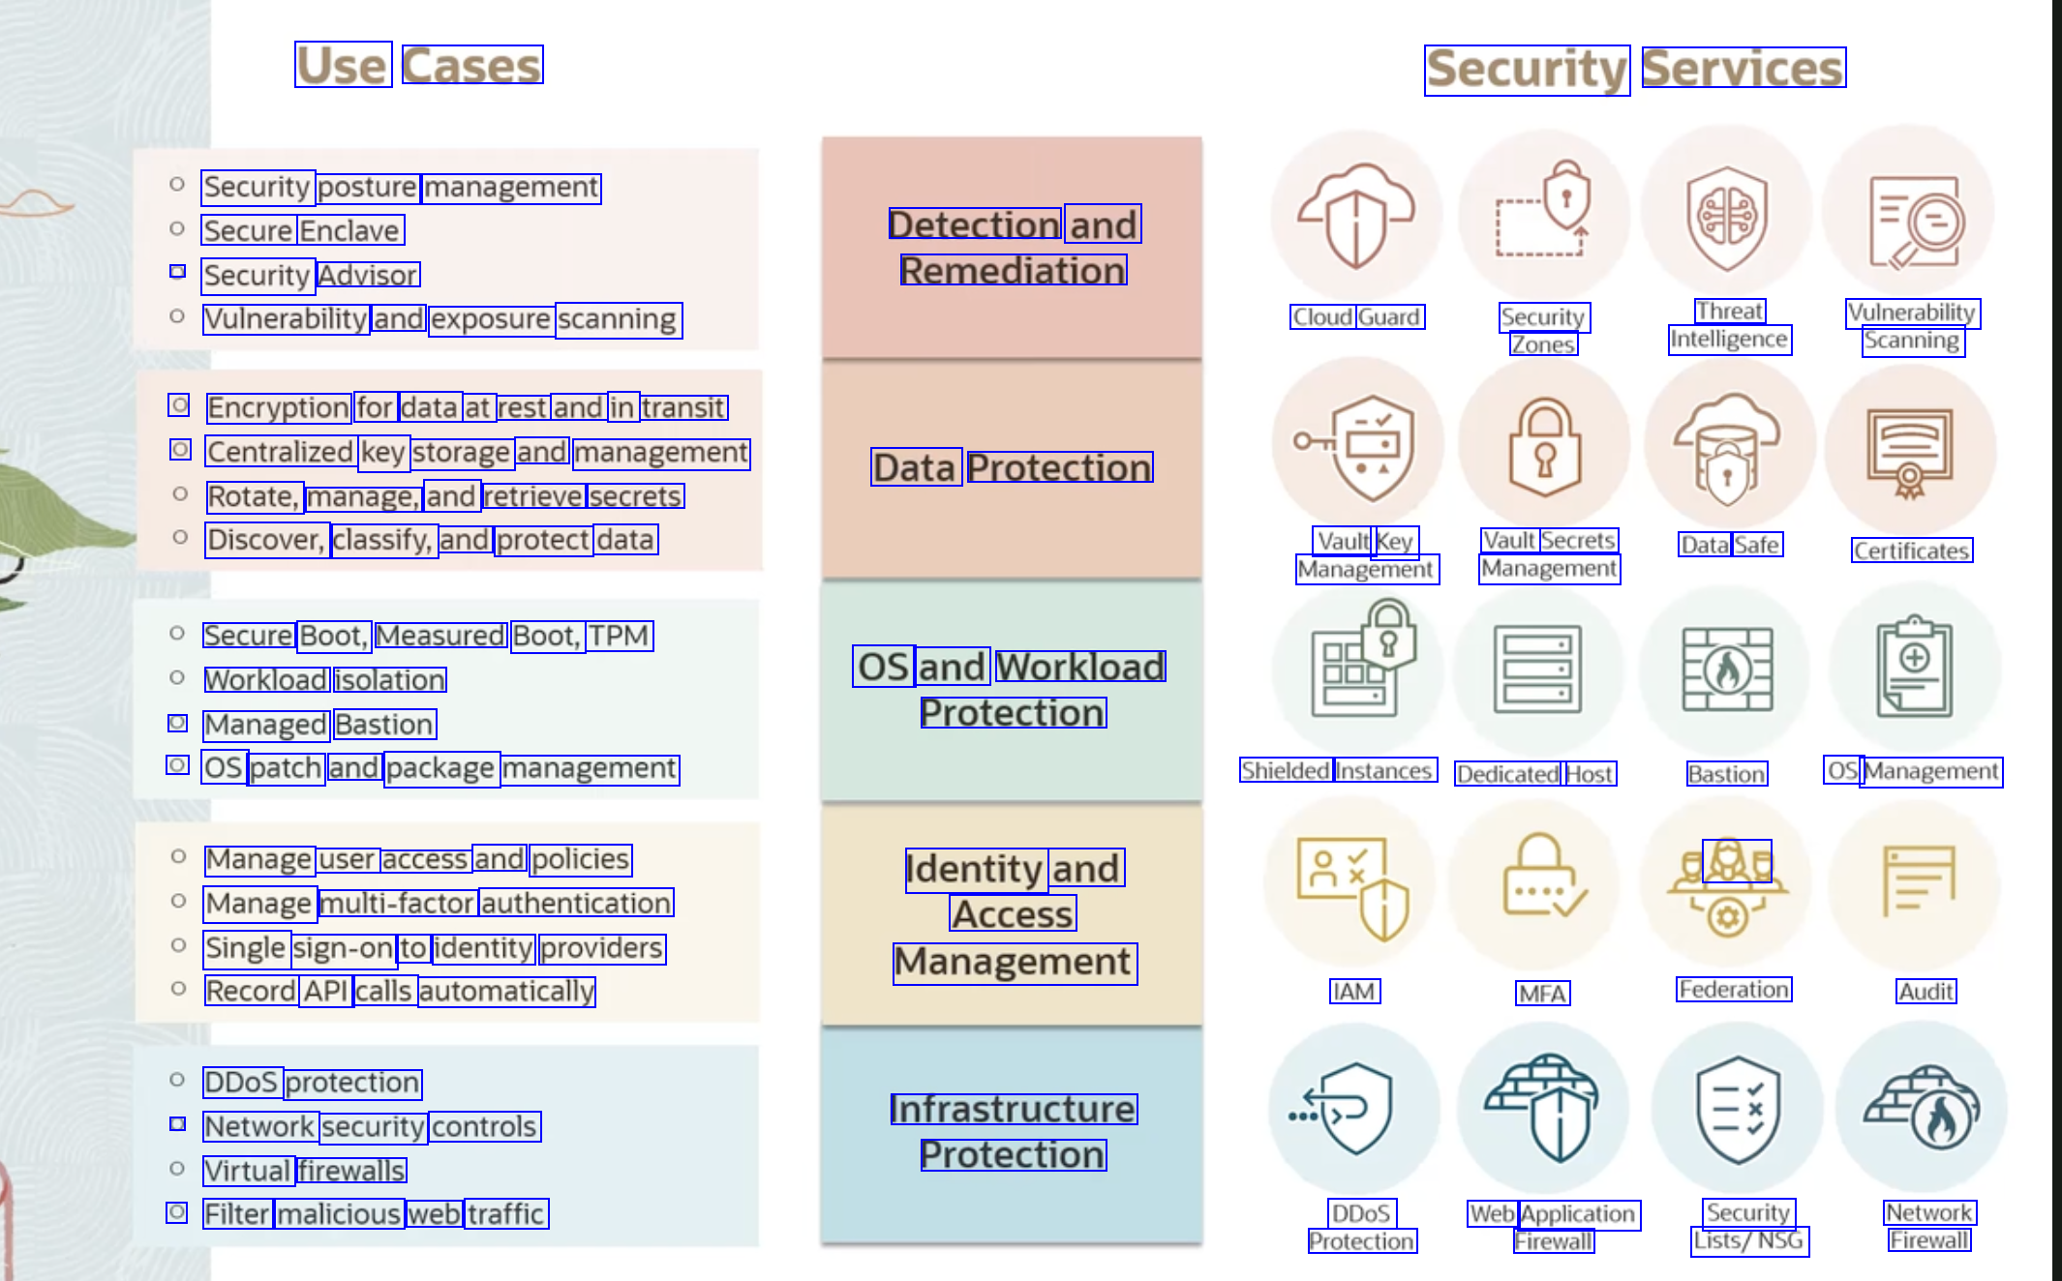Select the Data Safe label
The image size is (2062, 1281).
pyautogui.click(x=1730, y=545)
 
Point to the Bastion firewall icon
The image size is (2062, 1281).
pyautogui.click(x=1727, y=669)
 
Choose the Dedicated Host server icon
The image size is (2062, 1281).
pyautogui.click(x=1537, y=669)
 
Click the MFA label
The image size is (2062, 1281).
pyautogui.click(x=1542, y=994)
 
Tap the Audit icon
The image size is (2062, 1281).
pyautogui.click(x=1918, y=880)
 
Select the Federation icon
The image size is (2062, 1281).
pyautogui.click(x=1728, y=885)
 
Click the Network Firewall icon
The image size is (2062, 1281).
pyautogui.click(x=1922, y=1107)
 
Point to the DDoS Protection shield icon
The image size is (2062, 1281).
pyautogui.click(x=1354, y=1108)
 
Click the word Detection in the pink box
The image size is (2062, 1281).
pyautogui.click(x=975, y=224)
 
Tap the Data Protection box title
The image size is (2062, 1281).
pyautogui.click(x=1012, y=467)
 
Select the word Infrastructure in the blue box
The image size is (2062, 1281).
pyautogui.click(x=1013, y=1109)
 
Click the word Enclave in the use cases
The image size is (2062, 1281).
pyautogui.click(x=349, y=230)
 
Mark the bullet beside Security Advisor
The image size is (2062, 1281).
pyautogui.click(x=177, y=272)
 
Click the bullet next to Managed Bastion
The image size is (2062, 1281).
pyautogui.click(x=177, y=723)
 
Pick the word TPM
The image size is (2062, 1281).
pyautogui.click(x=619, y=636)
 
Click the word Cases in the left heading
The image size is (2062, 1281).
pyautogui.click(x=471, y=66)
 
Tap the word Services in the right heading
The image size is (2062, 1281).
pyautogui.click(x=1743, y=69)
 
